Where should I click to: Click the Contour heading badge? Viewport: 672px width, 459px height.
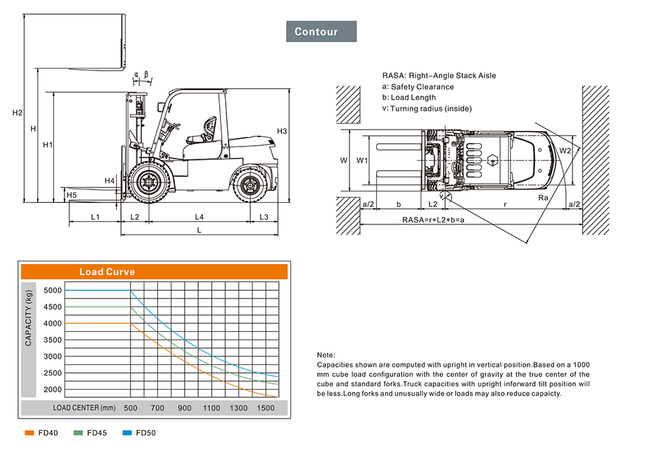(321, 32)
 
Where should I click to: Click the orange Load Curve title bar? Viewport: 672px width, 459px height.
(155, 272)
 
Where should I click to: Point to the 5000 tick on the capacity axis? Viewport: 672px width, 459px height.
(52, 291)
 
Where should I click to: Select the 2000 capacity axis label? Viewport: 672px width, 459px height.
(52, 390)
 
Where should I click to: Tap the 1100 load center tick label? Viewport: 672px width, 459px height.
(211, 408)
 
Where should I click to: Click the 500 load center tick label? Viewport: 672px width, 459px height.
(130, 408)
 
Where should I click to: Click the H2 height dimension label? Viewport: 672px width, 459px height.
(17, 112)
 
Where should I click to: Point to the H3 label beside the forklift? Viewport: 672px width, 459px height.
(282, 131)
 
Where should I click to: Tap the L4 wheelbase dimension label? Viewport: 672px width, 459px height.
(200, 217)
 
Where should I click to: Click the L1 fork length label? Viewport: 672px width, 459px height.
(95, 217)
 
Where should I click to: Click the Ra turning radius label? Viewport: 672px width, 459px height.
(543, 198)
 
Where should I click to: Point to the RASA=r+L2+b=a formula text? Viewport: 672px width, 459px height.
(433, 220)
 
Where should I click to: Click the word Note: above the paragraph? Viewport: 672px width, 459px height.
(325, 355)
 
